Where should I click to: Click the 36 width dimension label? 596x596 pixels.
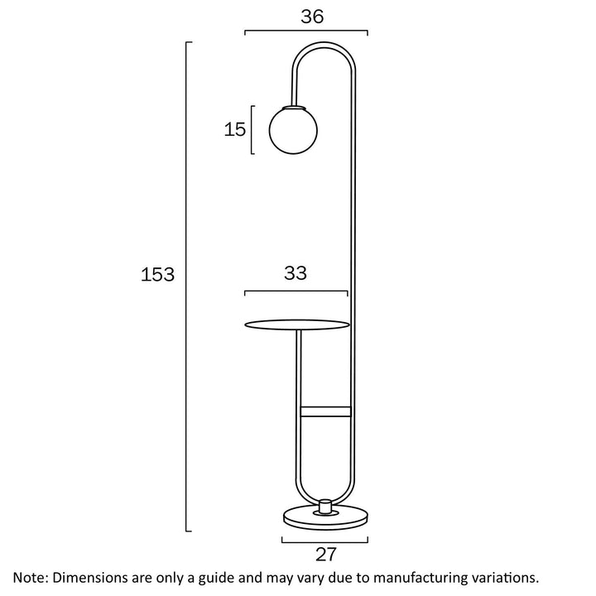tap(312, 17)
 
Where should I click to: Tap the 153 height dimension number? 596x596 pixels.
tap(157, 274)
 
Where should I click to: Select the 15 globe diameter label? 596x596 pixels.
tap(234, 129)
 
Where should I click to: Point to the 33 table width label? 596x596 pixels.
tap(296, 273)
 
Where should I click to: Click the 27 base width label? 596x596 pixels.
tap(326, 554)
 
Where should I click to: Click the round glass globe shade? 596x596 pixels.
tap(293, 130)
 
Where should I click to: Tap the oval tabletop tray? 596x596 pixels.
tap(297, 324)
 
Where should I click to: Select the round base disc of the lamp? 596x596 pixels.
tap(326, 517)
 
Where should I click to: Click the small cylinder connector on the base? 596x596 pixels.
tap(325, 507)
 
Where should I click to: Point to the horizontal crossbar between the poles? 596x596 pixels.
tap(325, 411)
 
